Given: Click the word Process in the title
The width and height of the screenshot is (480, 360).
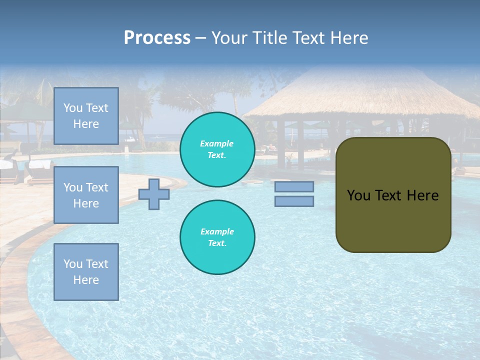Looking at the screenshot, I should [157, 38].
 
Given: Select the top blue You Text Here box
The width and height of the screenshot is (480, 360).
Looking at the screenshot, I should [86, 116].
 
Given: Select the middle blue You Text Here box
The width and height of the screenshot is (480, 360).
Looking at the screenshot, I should [86, 195].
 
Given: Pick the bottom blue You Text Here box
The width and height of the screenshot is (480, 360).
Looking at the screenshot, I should [86, 272].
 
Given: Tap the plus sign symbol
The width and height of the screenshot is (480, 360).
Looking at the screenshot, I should [154, 194].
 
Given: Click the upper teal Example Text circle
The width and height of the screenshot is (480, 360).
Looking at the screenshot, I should [217, 149].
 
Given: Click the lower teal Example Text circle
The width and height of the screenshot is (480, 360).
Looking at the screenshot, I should [217, 237].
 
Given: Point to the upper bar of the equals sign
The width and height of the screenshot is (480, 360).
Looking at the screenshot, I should [294, 186].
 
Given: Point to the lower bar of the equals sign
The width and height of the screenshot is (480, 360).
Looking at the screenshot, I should [294, 201].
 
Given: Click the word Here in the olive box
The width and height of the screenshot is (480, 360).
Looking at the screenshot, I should [422, 195].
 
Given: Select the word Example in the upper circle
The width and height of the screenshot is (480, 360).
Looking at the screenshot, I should [217, 143].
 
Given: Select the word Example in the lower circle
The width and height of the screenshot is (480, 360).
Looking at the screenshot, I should [217, 231].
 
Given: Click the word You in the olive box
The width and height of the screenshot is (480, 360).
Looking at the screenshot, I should [358, 195].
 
